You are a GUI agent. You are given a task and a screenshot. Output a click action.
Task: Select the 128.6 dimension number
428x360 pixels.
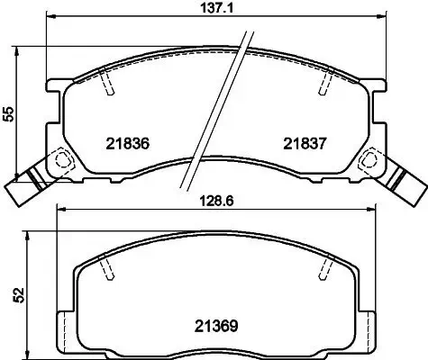pyautogui.click(x=213, y=202)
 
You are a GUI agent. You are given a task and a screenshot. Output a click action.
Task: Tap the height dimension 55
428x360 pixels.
pyautogui.click(x=9, y=113)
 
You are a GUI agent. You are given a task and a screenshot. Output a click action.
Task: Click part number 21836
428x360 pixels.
pyautogui.click(x=126, y=142)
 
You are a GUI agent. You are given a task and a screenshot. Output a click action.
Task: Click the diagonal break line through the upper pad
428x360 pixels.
pyautogui.click(x=216, y=108)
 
